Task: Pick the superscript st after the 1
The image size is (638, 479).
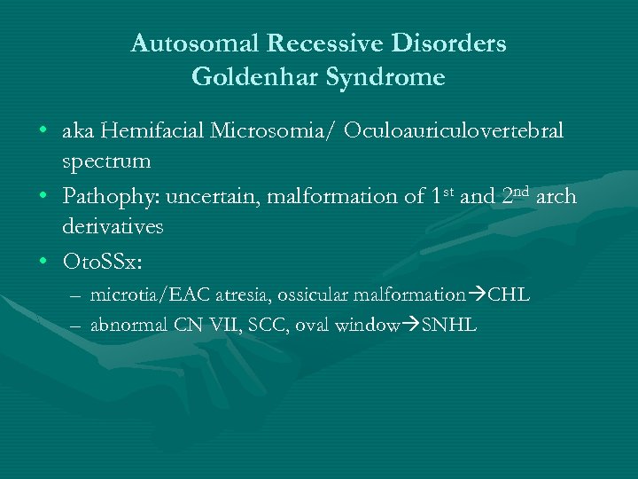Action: coord(449,190)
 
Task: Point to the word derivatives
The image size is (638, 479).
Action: coord(113,227)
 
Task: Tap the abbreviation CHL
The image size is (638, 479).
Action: coord(510,294)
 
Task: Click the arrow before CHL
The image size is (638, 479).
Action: coord(478,294)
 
